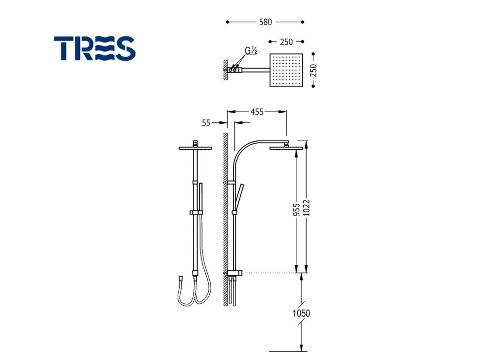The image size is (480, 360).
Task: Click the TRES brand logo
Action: tap(94, 48)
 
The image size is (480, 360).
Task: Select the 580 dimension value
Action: tap(265, 22)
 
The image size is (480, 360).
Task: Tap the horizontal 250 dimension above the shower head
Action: tap(286, 42)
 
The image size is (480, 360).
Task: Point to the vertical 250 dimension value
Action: tap(313, 70)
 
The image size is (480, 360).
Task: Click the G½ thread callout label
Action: tap(251, 50)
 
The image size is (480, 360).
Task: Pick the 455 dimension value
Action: tap(257, 112)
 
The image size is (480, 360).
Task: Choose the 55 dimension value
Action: tap(206, 122)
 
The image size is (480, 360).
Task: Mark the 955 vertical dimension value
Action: tap(296, 210)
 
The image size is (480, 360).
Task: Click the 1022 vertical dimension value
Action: tap(307, 208)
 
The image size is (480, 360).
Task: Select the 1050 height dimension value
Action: tap(301, 313)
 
